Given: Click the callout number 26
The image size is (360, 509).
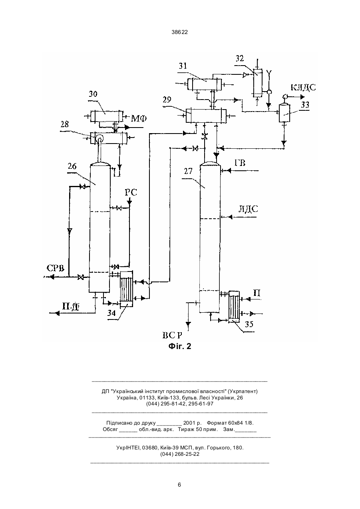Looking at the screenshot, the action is (x=72, y=166).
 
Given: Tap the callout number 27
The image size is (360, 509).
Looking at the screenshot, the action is (x=188, y=171).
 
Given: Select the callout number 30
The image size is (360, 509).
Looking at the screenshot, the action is (x=93, y=94).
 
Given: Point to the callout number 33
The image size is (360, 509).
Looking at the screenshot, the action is (x=305, y=105).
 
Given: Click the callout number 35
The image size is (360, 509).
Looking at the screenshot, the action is (x=249, y=324).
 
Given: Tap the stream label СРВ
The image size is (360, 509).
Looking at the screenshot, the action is (x=56, y=268).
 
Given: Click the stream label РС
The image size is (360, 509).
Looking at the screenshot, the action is (x=131, y=192).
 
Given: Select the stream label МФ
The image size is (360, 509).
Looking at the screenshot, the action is (x=139, y=118).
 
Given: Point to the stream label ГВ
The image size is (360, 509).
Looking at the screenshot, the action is (x=240, y=163).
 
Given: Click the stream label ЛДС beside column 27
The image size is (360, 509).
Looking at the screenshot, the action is (x=248, y=209).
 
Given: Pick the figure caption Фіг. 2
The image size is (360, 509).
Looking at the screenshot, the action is (x=180, y=346).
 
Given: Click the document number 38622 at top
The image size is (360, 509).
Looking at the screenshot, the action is (x=180, y=32).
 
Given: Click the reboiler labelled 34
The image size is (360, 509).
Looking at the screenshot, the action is (x=126, y=289).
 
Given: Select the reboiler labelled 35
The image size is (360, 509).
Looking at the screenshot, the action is (x=234, y=306).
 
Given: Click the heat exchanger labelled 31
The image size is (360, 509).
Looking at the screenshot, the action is (x=205, y=84).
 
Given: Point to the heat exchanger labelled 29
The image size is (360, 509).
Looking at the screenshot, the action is (x=206, y=116).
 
